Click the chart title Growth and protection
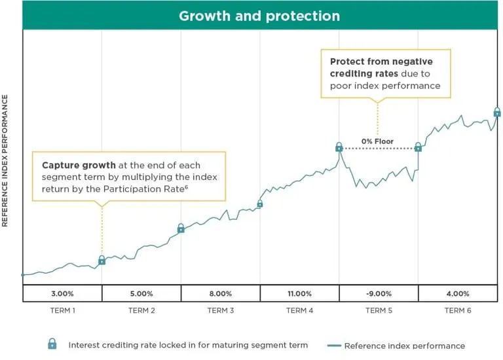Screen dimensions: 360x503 (x=259, y=16)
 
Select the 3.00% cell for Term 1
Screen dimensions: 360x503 (x=62, y=293)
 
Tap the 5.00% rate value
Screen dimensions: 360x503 (x=141, y=293)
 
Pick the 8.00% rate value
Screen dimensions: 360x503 (x=221, y=293)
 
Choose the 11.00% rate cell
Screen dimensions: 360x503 (x=299, y=293)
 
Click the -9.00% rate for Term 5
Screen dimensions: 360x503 (x=379, y=293)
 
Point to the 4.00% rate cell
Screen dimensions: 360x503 (x=457, y=293)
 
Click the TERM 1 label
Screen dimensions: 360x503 (x=62, y=310)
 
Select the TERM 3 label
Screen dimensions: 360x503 (x=221, y=310)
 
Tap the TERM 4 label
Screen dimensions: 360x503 (x=299, y=310)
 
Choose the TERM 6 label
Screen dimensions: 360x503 (x=457, y=310)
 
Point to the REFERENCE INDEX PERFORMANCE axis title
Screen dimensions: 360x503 (x=5, y=161)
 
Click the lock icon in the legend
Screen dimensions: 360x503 (x=52, y=344)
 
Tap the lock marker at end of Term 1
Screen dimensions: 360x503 (x=102, y=260)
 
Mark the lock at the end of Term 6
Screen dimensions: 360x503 (x=497, y=112)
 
